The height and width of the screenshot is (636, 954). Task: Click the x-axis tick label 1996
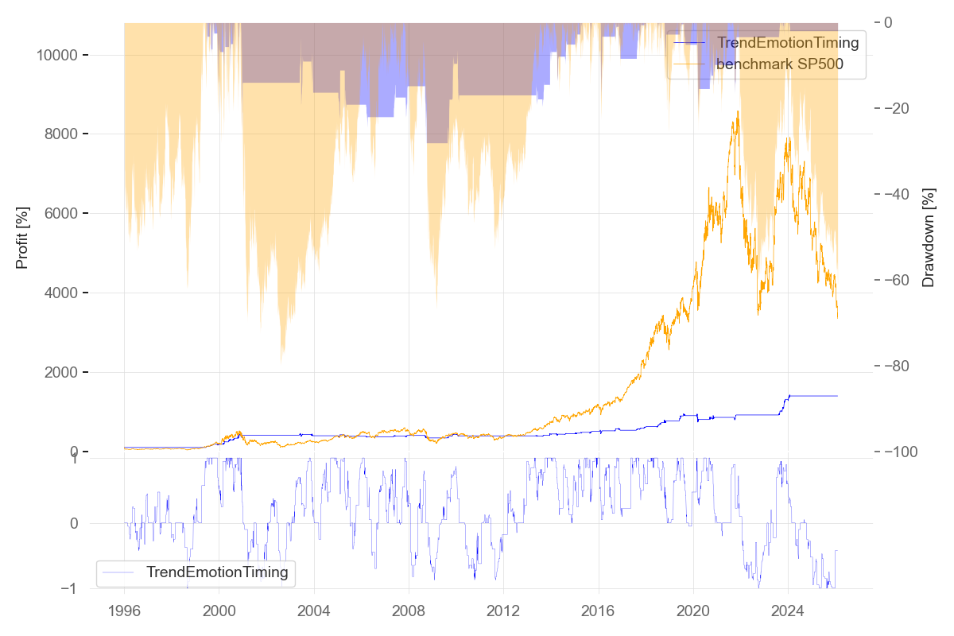point(124,613)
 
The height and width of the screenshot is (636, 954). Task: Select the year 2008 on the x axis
point(409,613)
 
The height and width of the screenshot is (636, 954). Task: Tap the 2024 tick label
point(788,613)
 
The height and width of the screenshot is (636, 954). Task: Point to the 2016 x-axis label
point(599,613)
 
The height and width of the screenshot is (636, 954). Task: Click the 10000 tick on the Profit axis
point(57,55)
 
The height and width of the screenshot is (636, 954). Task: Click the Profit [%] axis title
point(22,238)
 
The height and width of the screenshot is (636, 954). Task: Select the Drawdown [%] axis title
point(928,238)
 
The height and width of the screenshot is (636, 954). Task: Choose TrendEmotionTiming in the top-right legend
point(788,43)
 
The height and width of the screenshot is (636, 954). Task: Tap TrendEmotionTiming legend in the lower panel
point(217,572)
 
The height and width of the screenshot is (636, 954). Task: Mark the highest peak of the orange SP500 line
point(738,112)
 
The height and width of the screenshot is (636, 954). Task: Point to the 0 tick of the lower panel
point(74,523)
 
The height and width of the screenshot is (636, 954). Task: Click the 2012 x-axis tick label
point(503,613)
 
